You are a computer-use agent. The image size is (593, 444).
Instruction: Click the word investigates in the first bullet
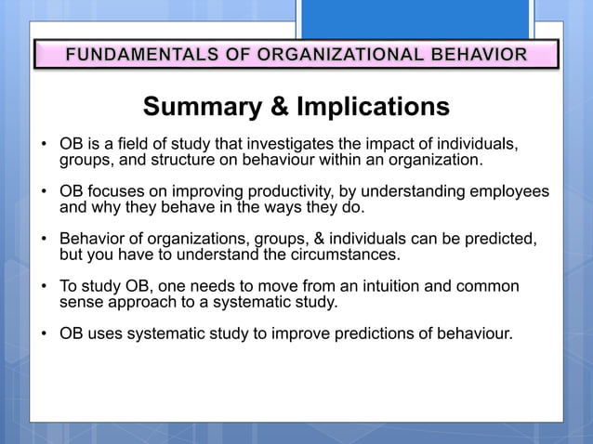[296, 144]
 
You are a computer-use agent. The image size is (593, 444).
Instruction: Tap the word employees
[509, 191]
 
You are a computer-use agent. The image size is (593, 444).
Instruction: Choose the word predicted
[499, 239]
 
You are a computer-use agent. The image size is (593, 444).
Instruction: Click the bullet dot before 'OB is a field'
[43, 145]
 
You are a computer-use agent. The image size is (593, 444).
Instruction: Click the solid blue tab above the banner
[415, 19]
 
